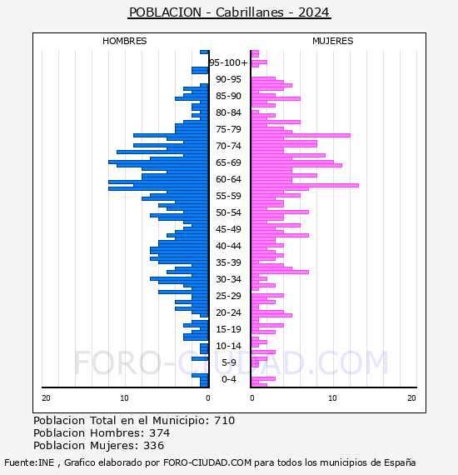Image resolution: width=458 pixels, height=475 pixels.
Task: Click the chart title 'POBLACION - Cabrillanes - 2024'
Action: (x=229, y=12)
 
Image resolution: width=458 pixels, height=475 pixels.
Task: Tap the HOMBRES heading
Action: (x=124, y=41)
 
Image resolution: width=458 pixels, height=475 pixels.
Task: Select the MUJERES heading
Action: (x=333, y=41)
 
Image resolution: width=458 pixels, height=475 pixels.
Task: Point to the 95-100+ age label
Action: (x=228, y=62)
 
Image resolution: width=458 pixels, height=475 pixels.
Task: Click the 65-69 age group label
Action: (x=228, y=162)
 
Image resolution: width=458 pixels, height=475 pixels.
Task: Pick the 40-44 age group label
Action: (x=228, y=246)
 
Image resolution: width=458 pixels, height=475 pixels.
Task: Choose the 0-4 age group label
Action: (x=228, y=379)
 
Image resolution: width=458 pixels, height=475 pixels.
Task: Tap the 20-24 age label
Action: (x=228, y=312)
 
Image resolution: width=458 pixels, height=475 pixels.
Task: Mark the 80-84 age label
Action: (x=228, y=112)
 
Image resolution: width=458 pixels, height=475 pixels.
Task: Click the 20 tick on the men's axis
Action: (x=46, y=398)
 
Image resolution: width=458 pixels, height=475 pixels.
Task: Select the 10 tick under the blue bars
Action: (x=124, y=398)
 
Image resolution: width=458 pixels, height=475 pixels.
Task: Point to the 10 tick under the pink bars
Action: (x=333, y=398)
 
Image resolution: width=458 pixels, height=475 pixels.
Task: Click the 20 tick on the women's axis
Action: (x=411, y=398)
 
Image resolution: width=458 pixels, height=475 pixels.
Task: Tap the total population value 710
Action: (x=224, y=421)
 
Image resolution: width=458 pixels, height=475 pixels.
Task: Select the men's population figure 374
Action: (x=160, y=432)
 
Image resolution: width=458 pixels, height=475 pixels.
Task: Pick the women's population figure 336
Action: (x=153, y=445)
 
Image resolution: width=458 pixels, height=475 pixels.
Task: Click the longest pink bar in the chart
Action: (x=305, y=185)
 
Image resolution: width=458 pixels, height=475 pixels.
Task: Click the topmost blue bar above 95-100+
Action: (x=204, y=52)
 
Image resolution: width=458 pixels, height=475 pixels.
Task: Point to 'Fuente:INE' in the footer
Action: (x=29, y=462)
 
